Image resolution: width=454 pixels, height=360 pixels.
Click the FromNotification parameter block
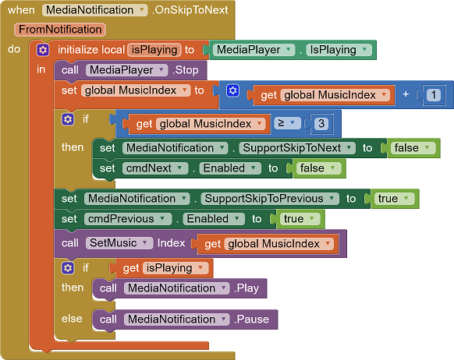tap(60, 30)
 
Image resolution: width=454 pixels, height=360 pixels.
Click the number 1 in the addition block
tap(433, 95)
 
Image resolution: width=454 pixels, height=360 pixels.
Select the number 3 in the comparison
tap(321, 124)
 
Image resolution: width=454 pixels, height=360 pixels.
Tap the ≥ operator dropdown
tap(286, 123)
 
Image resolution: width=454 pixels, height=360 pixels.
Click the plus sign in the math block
tap(406, 94)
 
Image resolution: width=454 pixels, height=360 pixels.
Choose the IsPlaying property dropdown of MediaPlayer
tap(339, 50)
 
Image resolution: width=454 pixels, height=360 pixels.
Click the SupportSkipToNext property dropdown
tap(297, 148)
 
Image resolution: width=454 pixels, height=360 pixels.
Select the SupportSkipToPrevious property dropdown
tap(270, 199)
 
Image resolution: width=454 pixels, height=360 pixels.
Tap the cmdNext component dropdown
tap(155, 168)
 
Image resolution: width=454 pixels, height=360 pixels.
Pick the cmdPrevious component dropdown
tap(128, 219)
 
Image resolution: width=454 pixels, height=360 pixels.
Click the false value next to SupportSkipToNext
tap(411, 148)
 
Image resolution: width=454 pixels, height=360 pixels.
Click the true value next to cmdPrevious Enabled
tap(299, 219)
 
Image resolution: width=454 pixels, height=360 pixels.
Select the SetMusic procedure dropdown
tap(119, 243)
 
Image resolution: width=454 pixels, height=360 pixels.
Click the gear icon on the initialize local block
tap(43, 50)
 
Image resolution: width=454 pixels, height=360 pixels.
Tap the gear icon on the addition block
tap(232, 90)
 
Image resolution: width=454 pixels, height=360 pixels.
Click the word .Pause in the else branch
tap(251, 319)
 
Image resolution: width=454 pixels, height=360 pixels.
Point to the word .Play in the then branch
tap(247, 288)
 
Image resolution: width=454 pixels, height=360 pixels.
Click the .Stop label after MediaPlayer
tap(186, 70)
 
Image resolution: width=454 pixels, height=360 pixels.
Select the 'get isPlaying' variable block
tap(163, 268)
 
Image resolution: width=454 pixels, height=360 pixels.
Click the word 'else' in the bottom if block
tap(72, 319)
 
